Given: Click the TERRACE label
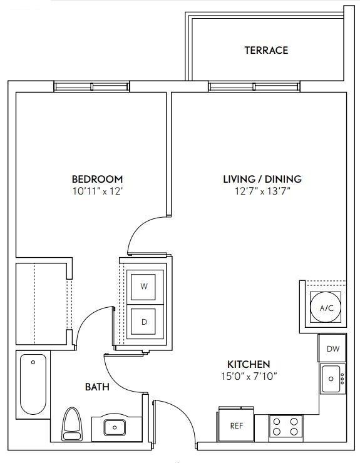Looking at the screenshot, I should pyautogui.click(x=266, y=50).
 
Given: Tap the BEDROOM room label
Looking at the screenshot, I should pyautogui.click(x=97, y=179).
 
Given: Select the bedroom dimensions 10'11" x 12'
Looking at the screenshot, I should pyautogui.click(x=97, y=191).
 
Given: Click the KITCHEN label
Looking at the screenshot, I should pyautogui.click(x=249, y=364).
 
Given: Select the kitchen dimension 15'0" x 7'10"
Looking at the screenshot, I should pyautogui.click(x=249, y=376).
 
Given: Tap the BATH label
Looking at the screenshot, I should pyautogui.click(x=97, y=387).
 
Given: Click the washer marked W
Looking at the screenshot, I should pyautogui.click(x=145, y=287).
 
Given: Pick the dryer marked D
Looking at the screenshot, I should pyautogui.click(x=145, y=322).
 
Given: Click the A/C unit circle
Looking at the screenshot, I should pyautogui.click(x=326, y=308).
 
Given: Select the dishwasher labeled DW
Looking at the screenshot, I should pyautogui.click(x=333, y=349).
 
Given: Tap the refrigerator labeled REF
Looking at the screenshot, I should pyautogui.click(x=236, y=426).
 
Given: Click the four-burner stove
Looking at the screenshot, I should pyautogui.click(x=285, y=427).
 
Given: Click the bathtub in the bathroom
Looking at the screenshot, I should pyautogui.click(x=33, y=384).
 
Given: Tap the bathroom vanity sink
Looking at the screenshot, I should pyautogui.click(x=114, y=428).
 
